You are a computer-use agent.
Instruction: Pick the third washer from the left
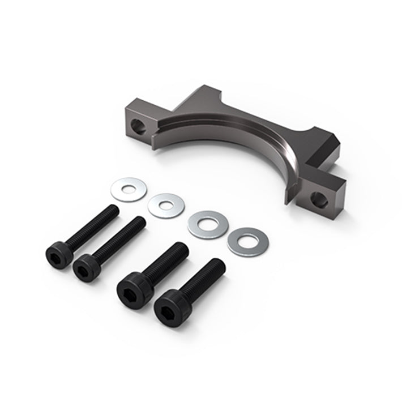click(x=204, y=225)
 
